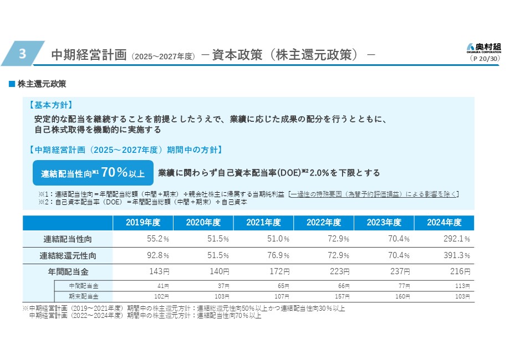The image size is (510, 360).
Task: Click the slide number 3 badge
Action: coord(22,54)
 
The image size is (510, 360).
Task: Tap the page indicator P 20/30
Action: coord(484,58)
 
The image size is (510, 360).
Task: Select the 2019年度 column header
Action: coord(142,223)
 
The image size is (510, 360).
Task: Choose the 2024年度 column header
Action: coord(444,223)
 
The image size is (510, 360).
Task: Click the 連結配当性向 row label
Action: coord(68,239)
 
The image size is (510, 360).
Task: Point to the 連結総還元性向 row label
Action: coord(68,256)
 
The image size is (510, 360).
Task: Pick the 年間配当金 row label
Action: coord(68,272)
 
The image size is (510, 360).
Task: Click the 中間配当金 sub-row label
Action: coord(83,286)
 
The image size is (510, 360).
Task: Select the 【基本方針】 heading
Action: coord(50,105)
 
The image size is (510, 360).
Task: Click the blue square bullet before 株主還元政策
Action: coord(11,84)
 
